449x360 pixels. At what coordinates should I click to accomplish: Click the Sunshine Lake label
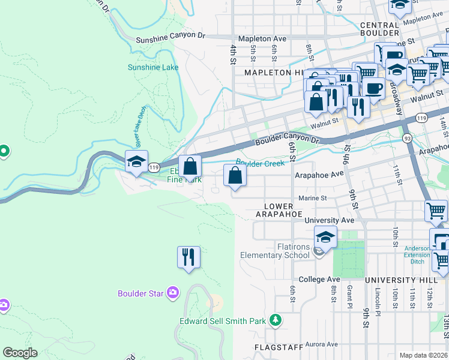(x=152, y=67)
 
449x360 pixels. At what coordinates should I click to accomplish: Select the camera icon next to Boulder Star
(x=173, y=293)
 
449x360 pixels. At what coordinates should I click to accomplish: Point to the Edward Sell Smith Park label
(x=222, y=321)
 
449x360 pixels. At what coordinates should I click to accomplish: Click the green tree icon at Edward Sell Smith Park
(x=276, y=320)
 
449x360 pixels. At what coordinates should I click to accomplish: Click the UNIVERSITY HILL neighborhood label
(x=398, y=280)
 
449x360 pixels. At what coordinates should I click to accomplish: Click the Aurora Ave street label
(x=321, y=344)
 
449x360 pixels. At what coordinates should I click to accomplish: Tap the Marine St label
(x=312, y=198)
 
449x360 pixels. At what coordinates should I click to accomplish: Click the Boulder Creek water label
(x=259, y=163)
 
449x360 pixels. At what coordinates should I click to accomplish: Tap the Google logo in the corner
(x=20, y=353)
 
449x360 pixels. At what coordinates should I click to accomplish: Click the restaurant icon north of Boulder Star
(x=188, y=257)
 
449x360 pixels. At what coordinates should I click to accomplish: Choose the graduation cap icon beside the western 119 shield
(x=136, y=161)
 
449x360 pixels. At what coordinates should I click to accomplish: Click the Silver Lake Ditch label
(x=140, y=134)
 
